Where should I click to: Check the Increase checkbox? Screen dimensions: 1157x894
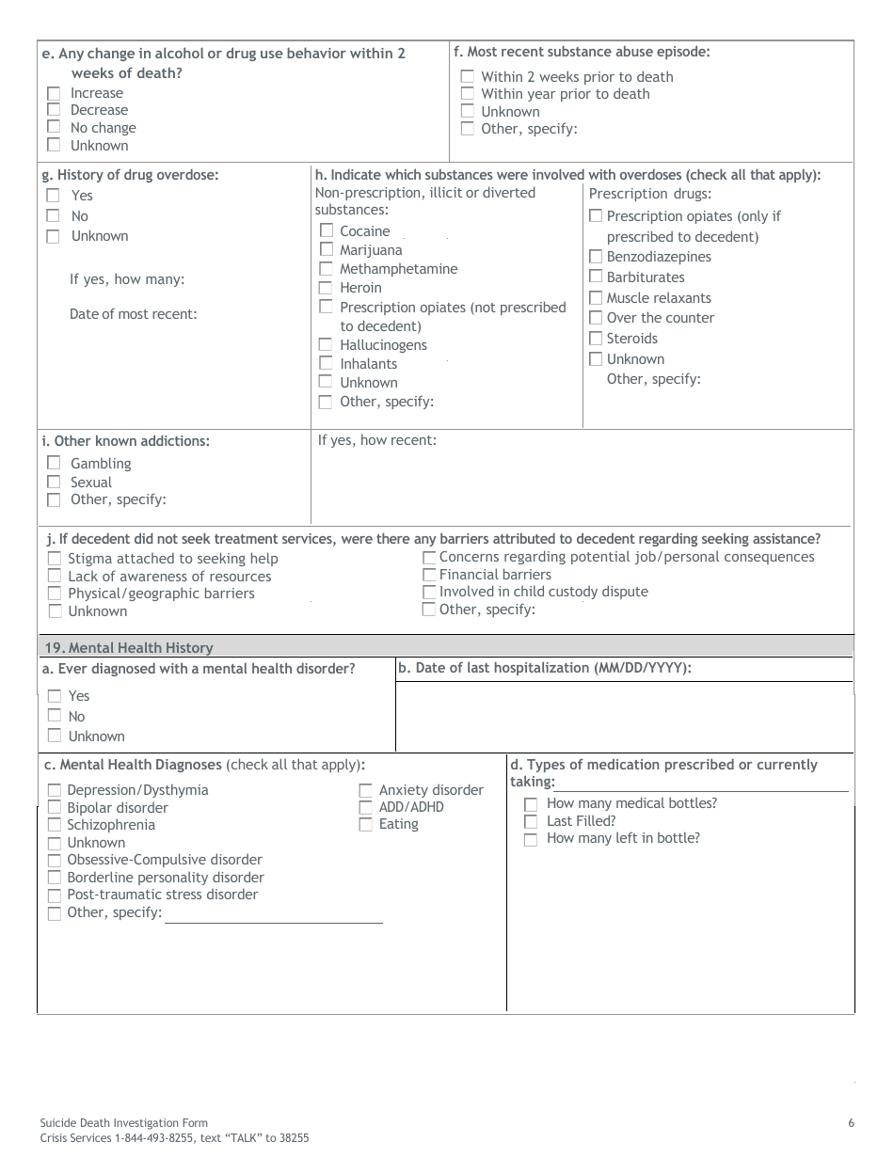click(x=54, y=93)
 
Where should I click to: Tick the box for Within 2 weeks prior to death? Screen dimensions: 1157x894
click(x=468, y=76)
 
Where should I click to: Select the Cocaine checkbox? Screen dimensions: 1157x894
click(x=326, y=230)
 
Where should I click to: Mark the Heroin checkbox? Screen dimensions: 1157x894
click(x=326, y=288)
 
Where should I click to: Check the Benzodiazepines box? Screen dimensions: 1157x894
click(x=596, y=257)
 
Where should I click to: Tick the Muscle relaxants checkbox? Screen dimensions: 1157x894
click(x=596, y=298)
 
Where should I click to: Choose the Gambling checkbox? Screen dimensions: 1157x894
click(x=54, y=463)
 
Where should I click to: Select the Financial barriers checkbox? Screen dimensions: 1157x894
click(x=429, y=575)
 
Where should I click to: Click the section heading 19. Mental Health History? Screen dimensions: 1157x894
click(x=129, y=647)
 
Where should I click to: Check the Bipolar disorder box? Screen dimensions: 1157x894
click(x=54, y=808)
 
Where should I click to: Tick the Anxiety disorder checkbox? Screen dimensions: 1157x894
click(x=366, y=791)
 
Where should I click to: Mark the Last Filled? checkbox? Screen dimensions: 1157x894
click(x=531, y=822)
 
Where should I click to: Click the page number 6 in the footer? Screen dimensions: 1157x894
click(x=851, y=1122)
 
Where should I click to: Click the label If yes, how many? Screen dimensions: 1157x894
click(x=127, y=279)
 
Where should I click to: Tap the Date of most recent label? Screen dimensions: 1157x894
click(x=133, y=314)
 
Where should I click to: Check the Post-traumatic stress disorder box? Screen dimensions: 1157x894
click(x=54, y=895)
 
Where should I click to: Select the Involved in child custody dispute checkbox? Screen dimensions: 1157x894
click(x=429, y=593)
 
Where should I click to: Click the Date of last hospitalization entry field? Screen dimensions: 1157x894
click(x=624, y=715)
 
